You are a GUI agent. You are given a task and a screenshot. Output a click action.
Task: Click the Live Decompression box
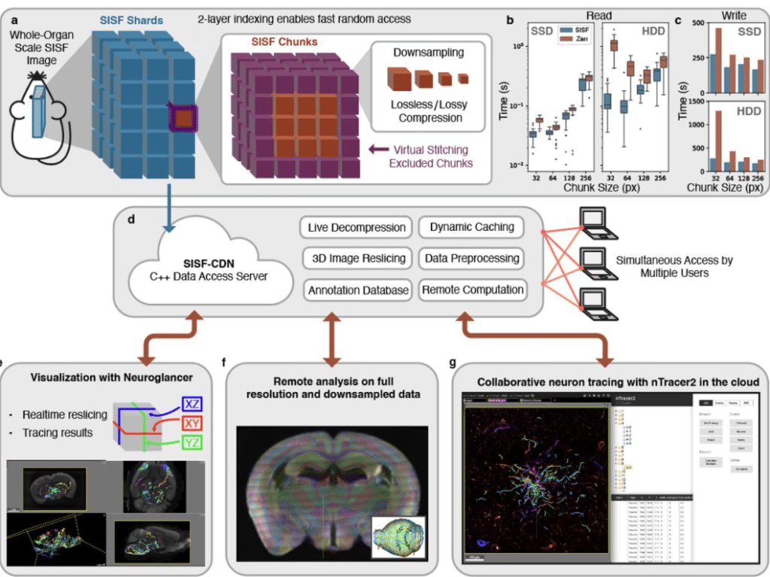(356, 227)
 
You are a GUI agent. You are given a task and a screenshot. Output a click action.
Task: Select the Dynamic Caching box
(472, 227)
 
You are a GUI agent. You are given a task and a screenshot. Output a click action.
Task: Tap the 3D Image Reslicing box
(356, 258)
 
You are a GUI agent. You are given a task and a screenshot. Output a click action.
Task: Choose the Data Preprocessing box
(472, 258)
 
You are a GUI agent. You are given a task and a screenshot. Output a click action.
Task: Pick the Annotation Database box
(356, 289)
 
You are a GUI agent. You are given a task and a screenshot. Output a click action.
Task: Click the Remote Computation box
(472, 289)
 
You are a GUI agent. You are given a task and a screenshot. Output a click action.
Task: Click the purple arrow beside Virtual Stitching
(380, 148)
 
